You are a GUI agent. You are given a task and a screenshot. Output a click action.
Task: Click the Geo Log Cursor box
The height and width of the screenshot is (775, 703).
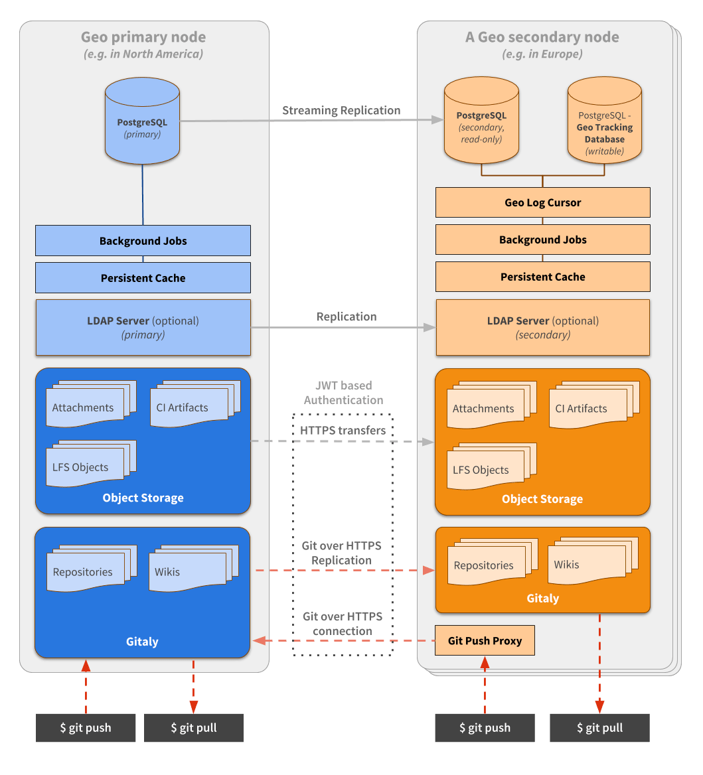[542, 202]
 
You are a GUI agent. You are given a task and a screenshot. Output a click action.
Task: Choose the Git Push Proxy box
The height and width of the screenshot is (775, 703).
[485, 640]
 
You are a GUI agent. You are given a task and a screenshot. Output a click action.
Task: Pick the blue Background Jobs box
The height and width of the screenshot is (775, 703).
[143, 241]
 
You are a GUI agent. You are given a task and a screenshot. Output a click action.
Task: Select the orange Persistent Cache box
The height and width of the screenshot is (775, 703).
[542, 277]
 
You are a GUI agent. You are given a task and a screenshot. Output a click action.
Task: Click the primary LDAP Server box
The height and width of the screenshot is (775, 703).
[143, 327]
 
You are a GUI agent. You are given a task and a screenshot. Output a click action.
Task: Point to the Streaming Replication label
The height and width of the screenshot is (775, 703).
[341, 110]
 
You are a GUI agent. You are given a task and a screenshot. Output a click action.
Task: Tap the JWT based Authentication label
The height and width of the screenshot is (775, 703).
[343, 393]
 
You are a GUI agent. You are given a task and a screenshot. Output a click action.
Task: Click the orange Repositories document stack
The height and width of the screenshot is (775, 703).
[489, 563]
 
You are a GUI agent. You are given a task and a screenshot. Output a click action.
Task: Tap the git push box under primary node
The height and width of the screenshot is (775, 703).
[86, 727]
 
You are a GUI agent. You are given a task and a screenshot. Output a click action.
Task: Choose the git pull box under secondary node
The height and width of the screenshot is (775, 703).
[599, 727]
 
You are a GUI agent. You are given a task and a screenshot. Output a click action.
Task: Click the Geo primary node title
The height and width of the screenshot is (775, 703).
[143, 37]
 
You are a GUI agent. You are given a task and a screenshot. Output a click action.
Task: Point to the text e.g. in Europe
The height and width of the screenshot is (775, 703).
[542, 54]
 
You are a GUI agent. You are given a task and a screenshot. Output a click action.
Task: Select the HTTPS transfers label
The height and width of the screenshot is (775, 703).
[343, 431]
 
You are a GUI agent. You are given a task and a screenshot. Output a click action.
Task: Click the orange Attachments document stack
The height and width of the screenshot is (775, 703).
[489, 406]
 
